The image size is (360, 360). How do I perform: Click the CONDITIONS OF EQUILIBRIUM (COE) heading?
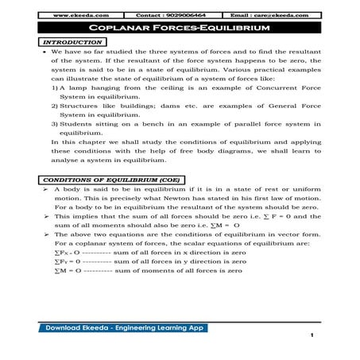98,180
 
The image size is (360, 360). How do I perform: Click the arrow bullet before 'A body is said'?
47,192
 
